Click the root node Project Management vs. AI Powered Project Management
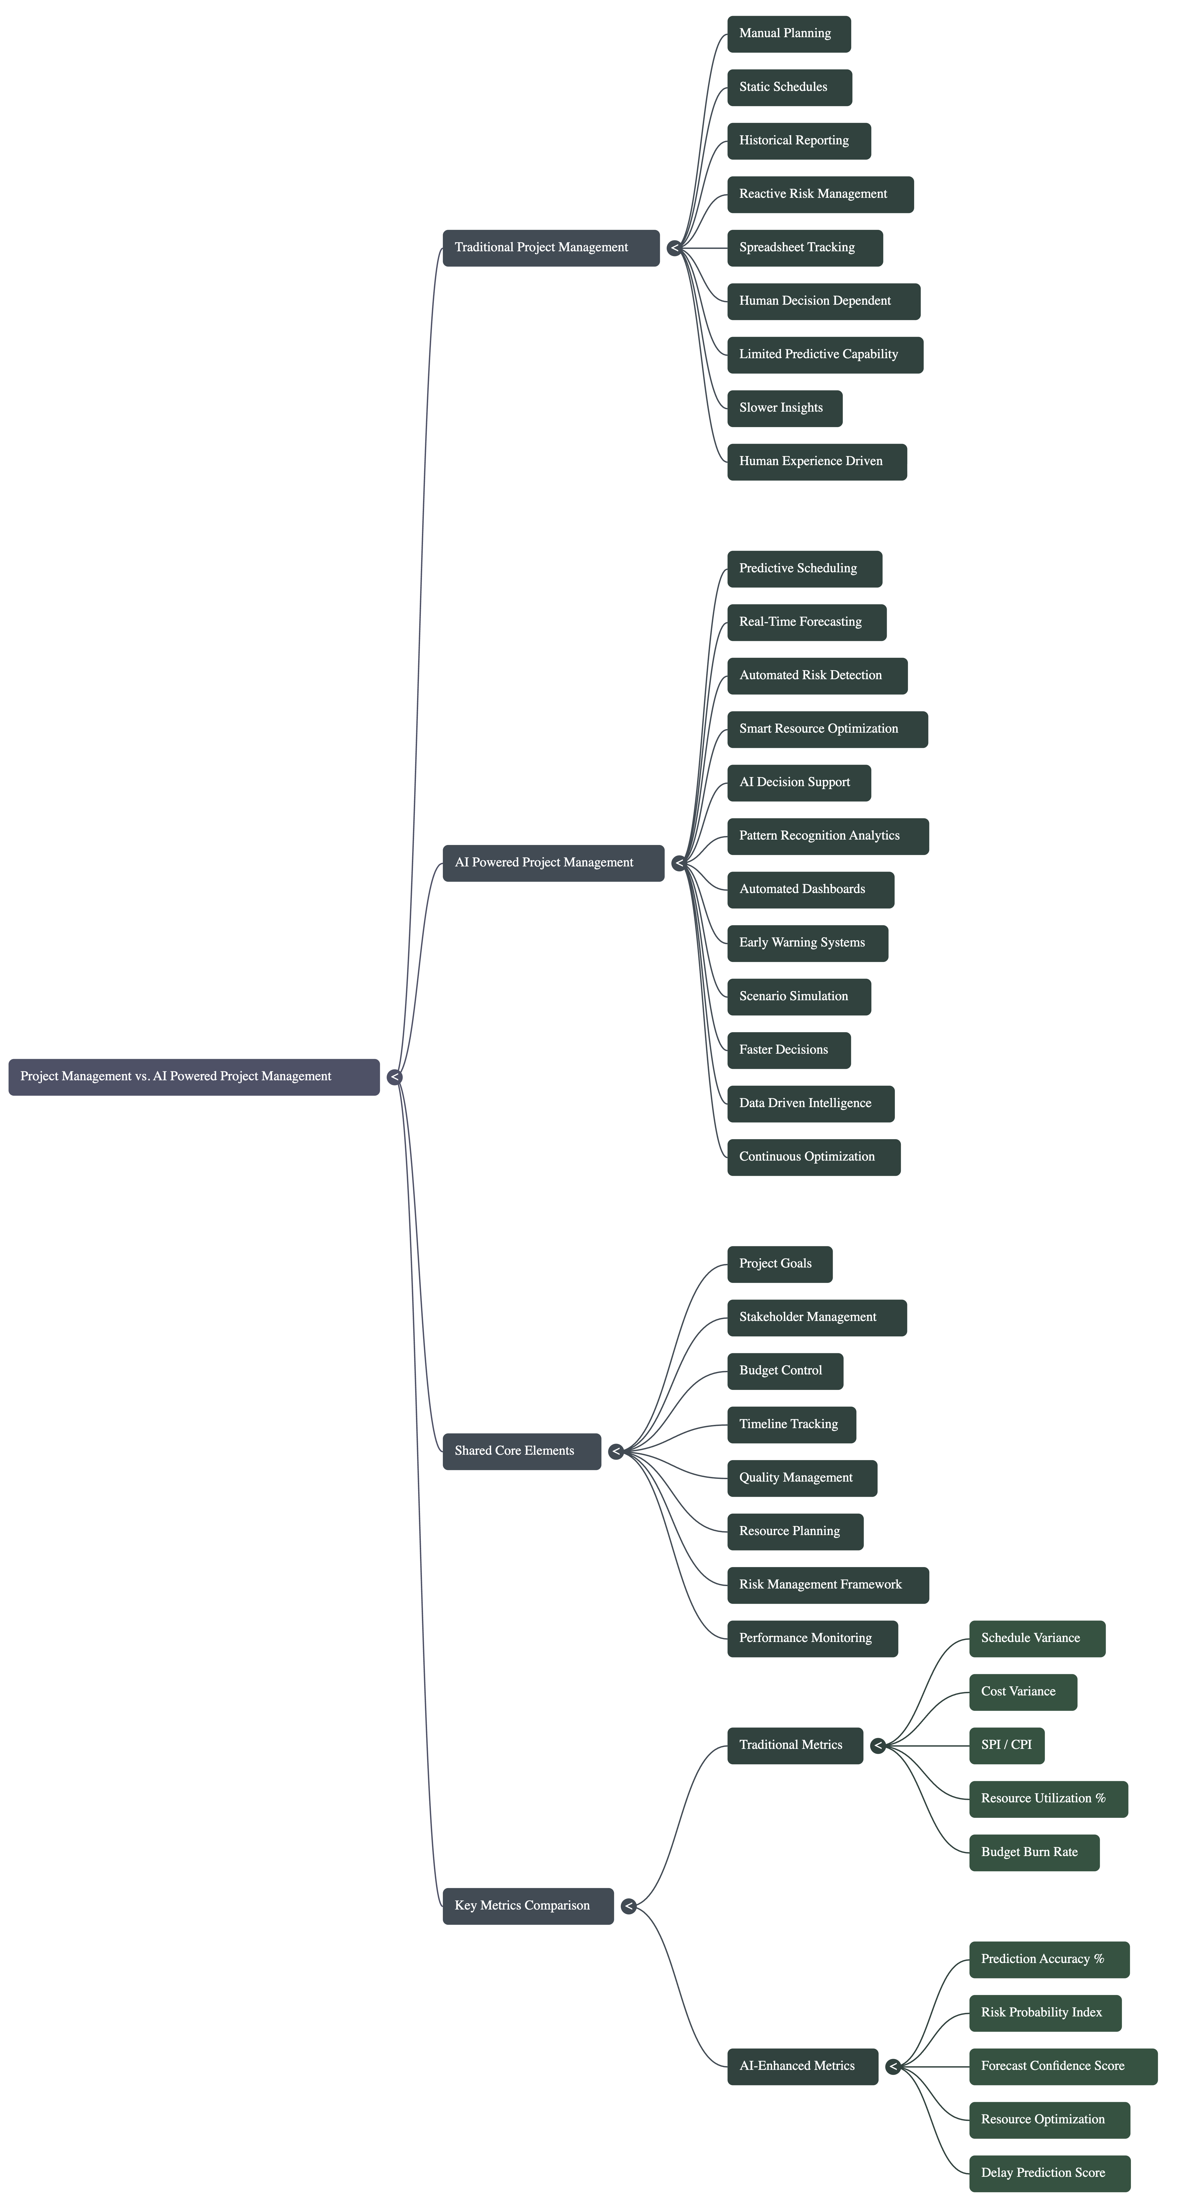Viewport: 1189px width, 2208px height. click(194, 1076)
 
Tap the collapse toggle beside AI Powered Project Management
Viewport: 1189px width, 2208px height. click(679, 863)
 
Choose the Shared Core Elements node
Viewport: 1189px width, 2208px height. click(521, 1451)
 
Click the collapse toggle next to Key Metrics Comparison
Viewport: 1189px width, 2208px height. click(628, 1906)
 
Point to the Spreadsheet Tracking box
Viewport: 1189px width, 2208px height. click(804, 248)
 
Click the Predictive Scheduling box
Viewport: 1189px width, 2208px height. click(804, 569)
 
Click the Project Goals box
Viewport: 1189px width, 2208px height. click(779, 1264)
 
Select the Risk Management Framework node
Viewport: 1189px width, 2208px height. click(827, 1585)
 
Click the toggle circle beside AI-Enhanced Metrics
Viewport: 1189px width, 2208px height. click(892, 2067)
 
